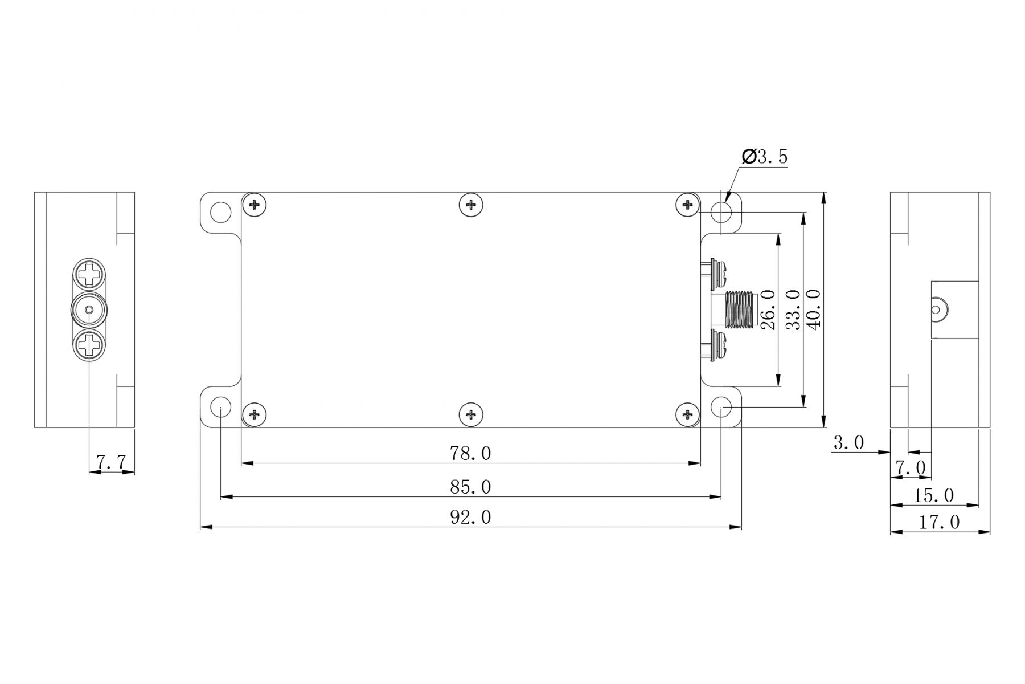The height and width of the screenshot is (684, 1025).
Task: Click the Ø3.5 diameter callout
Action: coord(765,157)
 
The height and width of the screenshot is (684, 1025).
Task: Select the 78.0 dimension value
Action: coord(470,453)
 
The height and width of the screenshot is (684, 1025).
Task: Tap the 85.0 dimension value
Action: coord(470,487)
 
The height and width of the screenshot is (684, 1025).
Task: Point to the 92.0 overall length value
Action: coord(470,518)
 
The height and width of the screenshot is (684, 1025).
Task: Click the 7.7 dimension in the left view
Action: coord(112,462)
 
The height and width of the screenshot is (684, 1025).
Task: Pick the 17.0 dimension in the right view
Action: coord(939,522)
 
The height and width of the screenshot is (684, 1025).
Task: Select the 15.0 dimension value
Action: coord(933,496)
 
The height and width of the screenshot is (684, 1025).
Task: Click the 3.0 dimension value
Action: coord(848,442)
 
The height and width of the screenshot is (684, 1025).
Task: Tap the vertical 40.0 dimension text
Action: coord(813,310)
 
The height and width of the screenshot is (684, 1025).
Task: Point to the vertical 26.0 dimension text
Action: coord(768,310)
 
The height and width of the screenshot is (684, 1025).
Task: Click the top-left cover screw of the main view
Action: coord(254,205)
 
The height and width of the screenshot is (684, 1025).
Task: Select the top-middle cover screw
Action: coord(470,205)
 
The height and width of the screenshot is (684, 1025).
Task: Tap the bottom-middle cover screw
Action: coord(470,414)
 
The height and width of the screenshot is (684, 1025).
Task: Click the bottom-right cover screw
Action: coord(687,414)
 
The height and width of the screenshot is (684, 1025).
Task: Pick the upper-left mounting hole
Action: coord(221,213)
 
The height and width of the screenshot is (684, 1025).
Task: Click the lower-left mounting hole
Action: coord(221,407)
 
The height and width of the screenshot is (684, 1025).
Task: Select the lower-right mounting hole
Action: coord(721,407)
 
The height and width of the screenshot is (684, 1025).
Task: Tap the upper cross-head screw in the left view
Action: coord(90,274)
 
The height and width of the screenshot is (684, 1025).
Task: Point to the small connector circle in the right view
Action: coord(936,310)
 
